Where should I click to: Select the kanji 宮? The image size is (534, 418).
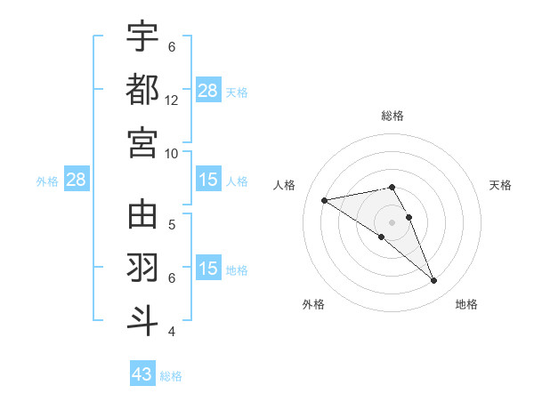(142, 142)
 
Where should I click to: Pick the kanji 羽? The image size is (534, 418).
(142, 268)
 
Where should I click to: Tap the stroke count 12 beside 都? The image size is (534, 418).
(172, 100)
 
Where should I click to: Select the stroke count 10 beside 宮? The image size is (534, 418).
(172, 153)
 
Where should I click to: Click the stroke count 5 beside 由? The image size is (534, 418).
(172, 224)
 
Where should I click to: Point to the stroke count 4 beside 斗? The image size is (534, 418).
(172, 332)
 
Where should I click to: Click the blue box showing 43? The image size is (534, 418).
(142, 374)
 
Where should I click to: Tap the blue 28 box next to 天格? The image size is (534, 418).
(208, 91)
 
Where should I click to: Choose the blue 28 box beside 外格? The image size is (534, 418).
(77, 180)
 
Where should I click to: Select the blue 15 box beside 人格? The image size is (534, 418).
(208, 180)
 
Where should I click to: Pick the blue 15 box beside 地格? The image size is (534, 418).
(208, 269)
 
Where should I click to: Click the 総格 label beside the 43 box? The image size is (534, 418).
(171, 376)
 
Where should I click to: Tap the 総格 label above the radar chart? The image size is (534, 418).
(392, 116)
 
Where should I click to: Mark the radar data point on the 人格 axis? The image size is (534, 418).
(325, 200)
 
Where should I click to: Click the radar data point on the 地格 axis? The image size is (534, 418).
(434, 281)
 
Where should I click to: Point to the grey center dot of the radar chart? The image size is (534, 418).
(392, 221)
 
